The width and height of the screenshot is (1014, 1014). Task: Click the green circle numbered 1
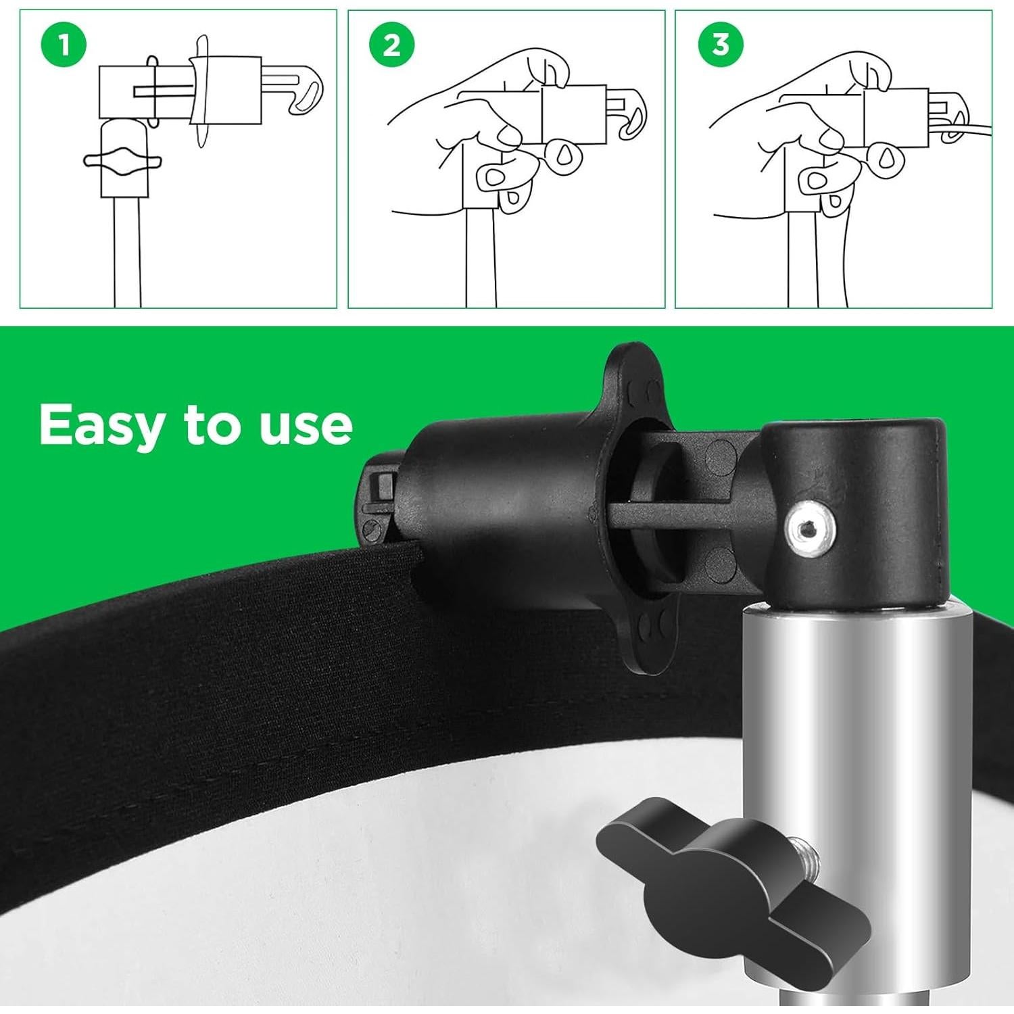coord(64,46)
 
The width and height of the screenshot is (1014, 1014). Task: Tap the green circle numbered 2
coord(392,46)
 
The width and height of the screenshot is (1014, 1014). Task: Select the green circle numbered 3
coord(721,45)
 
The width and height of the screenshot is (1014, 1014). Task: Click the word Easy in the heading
coord(101,426)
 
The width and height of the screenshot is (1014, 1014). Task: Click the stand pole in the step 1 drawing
coord(127,250)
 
